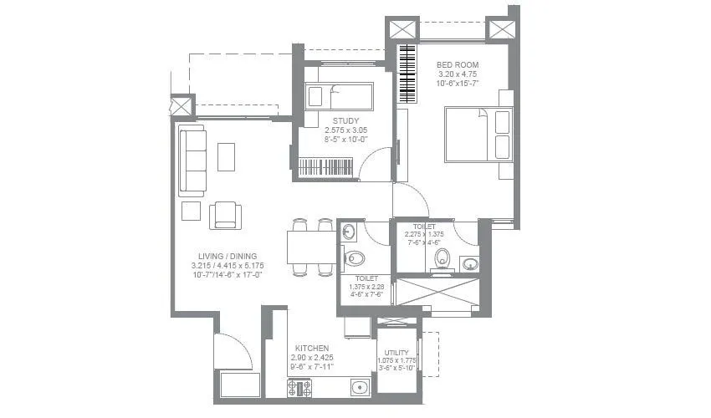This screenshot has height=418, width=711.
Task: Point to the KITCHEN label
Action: pos(311,347)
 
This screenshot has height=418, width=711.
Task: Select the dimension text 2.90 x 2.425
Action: pos(311,357)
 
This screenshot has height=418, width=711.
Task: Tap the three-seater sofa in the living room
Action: pos(192,161)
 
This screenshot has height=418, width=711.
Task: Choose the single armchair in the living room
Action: pos(226,216)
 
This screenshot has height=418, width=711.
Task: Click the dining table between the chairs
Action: pos(311,247)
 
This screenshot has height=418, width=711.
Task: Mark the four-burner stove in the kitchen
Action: pos(299,387)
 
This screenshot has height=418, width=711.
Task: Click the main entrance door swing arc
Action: pos(232,351)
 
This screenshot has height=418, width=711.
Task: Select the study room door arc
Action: pos(376,164)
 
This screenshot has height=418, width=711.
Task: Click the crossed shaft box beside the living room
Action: pos(182,107)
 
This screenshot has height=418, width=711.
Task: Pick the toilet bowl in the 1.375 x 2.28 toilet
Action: pos(354,257)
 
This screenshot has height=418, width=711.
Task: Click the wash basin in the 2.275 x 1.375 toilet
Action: pos(468,264)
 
